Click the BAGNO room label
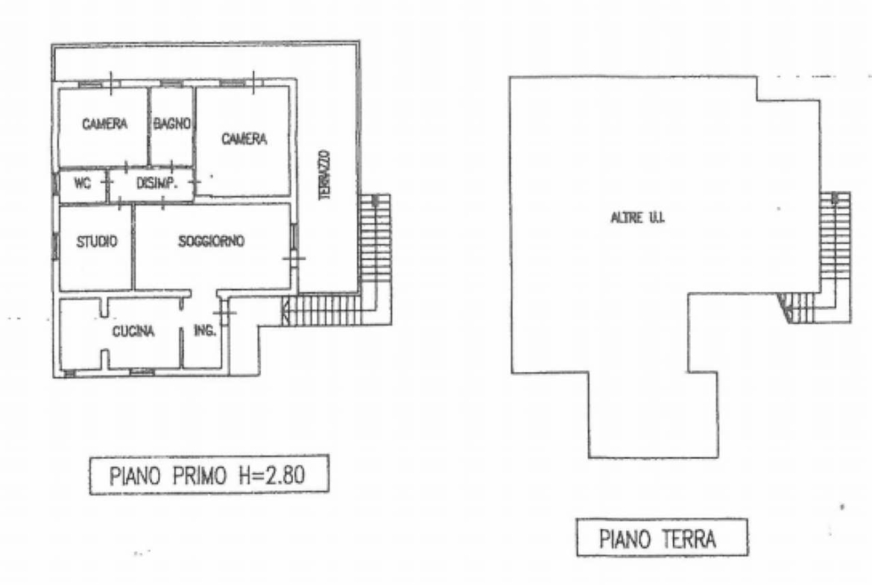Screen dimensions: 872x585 click(172, 124)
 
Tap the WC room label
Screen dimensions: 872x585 click(82, 183)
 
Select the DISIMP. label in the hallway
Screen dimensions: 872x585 click(157, 183)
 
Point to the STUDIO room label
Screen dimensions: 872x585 click(97, 241)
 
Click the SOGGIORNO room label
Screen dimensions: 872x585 click(212, 241)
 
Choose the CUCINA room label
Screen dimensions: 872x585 click(133, 332)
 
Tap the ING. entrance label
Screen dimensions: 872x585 click(205, 330)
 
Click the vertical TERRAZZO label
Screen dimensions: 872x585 click(325, 174)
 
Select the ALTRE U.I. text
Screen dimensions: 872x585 click(637, 218)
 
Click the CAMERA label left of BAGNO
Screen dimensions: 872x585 click(104, 124)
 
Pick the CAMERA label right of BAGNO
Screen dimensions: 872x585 click(244, 139)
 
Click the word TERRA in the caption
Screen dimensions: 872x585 click(689, 539)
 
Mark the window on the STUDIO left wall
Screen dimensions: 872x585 click(56, 247)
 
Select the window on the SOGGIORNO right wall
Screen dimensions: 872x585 click(294, 236)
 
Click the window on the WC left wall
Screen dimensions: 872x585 click(56, 183)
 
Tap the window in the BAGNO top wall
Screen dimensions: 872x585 click(172, 83)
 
